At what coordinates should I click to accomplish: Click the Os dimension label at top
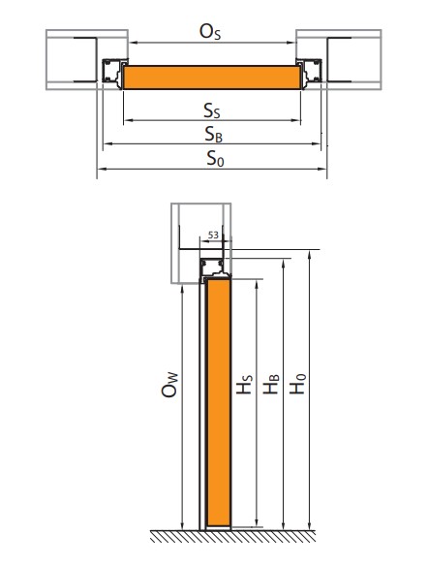tap(210, 32)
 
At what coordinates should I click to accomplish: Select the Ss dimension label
tap(212, 110)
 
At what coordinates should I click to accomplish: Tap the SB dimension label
tap(214, 135)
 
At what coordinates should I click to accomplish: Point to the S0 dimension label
tap(215, 159)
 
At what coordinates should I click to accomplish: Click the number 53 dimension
tap(213, 235)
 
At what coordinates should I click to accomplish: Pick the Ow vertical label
tap(169, 385)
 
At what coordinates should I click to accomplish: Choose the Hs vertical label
tap(244, 385)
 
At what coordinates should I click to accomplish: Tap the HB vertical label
tap(271, 384)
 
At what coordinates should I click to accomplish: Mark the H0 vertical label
tap(297, 384)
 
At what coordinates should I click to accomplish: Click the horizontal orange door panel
tap(212, 78)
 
